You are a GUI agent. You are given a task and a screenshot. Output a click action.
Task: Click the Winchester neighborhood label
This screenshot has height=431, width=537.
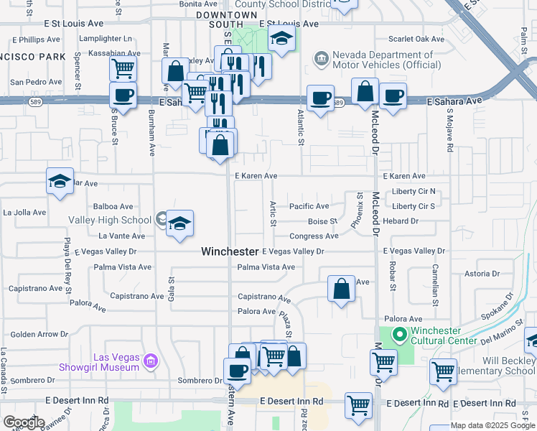click(230, 251)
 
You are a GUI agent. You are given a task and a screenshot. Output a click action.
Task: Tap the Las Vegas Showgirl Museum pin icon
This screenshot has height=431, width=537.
click(151, 359)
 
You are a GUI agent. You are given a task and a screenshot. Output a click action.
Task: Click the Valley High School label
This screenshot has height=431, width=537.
click(110, 220)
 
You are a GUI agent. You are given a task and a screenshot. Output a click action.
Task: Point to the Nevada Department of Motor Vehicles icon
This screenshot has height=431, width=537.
click(321, 57)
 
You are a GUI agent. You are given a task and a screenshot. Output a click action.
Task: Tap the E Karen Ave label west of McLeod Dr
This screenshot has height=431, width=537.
click(256, 176)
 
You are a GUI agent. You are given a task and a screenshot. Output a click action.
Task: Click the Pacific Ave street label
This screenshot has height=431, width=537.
click(309, 206)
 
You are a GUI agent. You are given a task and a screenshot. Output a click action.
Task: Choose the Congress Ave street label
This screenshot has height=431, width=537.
click(314, 236)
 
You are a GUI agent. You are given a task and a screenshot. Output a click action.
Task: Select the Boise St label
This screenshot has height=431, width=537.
click(322, 221)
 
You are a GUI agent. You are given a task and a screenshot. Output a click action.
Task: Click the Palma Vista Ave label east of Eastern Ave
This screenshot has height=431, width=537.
click(266, 267)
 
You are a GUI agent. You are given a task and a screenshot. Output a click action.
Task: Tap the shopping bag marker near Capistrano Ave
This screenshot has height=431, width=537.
click(342, 289)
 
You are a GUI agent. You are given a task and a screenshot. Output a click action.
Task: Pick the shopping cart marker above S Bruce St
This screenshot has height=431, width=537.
click(123, 68)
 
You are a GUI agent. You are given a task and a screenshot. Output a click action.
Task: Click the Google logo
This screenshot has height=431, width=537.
click(24, 422)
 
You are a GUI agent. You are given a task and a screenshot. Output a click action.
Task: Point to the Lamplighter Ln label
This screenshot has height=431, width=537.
click(108, 38)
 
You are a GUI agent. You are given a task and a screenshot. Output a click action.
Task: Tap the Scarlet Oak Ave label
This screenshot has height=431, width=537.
click(417, 39)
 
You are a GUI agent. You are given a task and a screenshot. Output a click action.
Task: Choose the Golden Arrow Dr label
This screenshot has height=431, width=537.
click(39, 334)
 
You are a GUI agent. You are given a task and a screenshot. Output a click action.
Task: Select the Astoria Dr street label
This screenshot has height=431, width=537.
click(482, 274)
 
